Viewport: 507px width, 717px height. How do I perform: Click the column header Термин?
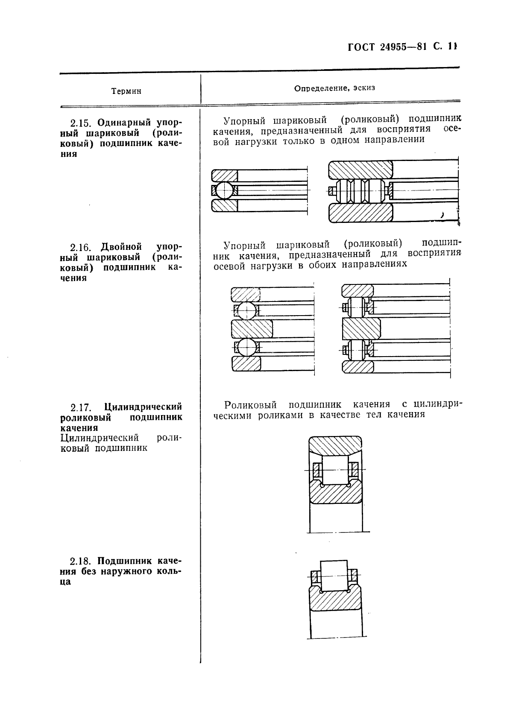click(126, 91)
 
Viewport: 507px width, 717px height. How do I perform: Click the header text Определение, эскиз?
click(334, 88)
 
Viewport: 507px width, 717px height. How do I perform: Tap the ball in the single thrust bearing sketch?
click(225, 190)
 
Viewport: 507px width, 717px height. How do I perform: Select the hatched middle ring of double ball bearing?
click(252, 329)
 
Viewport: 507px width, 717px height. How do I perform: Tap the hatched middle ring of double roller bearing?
click(361, 329)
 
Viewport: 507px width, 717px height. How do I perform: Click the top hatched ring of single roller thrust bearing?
click(360, 170)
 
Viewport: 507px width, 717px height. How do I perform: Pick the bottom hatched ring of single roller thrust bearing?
click(360, 213)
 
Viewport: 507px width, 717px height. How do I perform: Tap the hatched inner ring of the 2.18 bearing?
click(335, 601)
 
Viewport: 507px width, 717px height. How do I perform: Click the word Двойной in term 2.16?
click(121, 247)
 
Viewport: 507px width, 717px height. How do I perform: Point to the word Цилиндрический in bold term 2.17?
click(143, 407)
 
